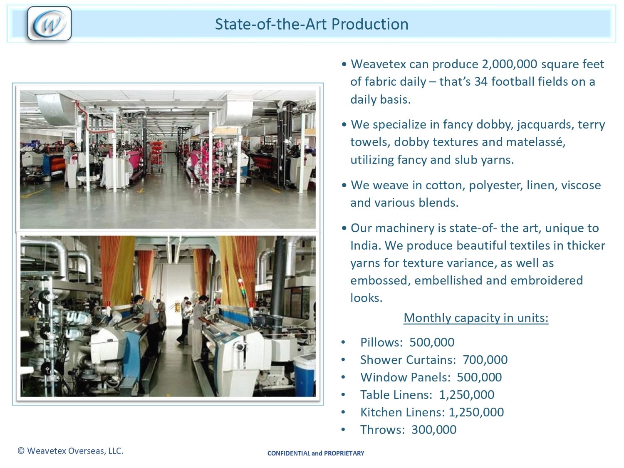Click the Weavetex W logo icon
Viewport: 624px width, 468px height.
tap(50, 24)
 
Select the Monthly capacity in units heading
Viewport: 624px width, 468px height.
tap(476, 318)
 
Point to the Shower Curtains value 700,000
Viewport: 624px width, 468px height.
tap(485, 360)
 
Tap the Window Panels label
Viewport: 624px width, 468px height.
tap(405, 378)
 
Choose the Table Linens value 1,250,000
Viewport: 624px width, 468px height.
tap(467, 395)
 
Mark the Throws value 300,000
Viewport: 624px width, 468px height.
tap(434, 430)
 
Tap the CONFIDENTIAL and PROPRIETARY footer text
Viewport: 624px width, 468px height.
tap(316, 453)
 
